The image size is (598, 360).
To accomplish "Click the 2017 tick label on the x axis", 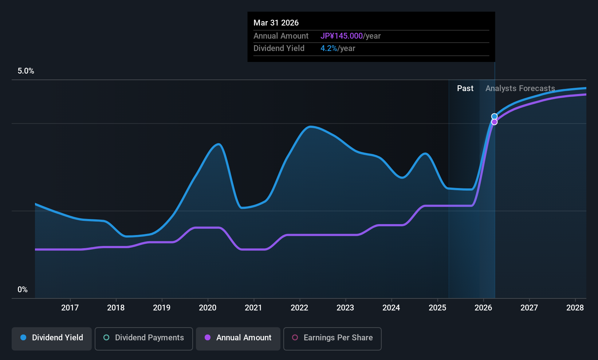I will click(x=70, y=308).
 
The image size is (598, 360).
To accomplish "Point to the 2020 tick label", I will click(x=208, y=308).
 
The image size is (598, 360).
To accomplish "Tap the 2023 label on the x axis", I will click(x=345, y=308).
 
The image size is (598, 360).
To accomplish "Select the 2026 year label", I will click(x=483, y=308).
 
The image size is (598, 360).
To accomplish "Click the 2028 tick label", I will click(x=575, y=308).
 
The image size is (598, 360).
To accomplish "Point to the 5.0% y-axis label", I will click(x=26, y=71).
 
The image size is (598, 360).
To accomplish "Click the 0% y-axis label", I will click(x=23, y=290).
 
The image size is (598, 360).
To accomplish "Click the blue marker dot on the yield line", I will click(x=494, y=117).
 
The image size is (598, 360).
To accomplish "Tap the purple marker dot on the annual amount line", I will click(x=494, y=122).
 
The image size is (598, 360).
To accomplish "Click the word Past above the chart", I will click(x=465, y=89).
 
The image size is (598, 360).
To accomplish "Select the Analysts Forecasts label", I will click(x=520, y=89).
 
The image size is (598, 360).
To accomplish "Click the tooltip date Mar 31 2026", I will click(x=276, y=23).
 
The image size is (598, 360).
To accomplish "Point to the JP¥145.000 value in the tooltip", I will click(x=341, y=36).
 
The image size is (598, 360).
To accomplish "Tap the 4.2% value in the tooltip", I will click(x=328, y=48).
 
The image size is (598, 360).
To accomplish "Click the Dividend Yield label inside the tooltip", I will click(x=279, y=48).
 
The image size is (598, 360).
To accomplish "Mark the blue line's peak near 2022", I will click(x=310, y=127).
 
